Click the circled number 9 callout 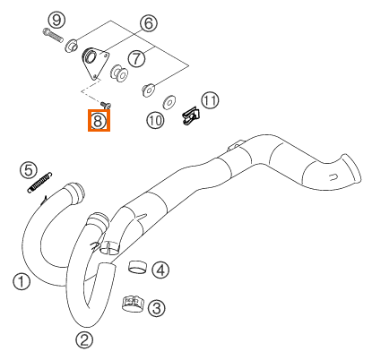tap(56, 20)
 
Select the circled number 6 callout tap(149, 23)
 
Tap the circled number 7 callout tap(137, 58)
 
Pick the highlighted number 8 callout tap(99, 120)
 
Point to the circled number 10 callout tap(156, 120)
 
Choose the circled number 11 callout tap(210, 100)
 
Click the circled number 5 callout tap(29, 170)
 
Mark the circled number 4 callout tap(160, 270)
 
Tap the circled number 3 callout tap(157, 308)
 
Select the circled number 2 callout tap(84, 339)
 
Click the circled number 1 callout tap(22, 281)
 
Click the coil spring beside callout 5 tap(39, 182)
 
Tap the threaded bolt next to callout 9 tap(53, 35)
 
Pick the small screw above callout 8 tap(106, 105)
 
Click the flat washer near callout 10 tap(169, 102)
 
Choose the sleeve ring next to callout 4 tap(138, 267)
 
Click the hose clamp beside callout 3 tap(133, 304)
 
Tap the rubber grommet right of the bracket tap(120, 73)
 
